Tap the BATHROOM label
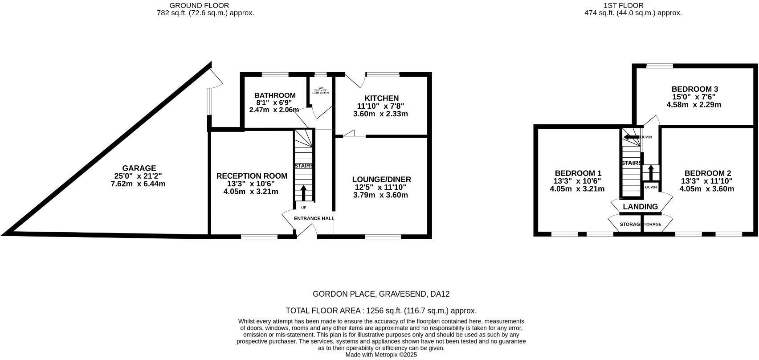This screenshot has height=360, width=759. pyautogui.click(x=275, y=95)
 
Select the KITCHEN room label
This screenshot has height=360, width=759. pyautogui.click(x=381, y=98)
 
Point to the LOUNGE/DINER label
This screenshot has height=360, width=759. pyautogui.click(x=382, y=180)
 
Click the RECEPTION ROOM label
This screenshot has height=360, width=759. pyautogui.click(x=252, y=176)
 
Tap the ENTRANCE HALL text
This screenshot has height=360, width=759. pyautogui.click(x=314, y=218)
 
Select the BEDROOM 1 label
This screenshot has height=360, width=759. pyautogui.click(x=578, y=173)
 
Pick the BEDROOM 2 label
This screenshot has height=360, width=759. pyautogui.click(x=707, y=173)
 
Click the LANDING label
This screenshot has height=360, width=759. pyautogui.click(x=640, y=207)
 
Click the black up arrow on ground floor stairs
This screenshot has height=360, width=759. pyautogui.click(x=304, y=193)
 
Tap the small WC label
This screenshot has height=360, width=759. pyautogui.click(x=320, y=88)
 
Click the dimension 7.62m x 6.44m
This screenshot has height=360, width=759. pyautogui.click(x=138, y=184)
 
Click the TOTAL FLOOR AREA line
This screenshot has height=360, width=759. pyautogui.click(x=381, y=311)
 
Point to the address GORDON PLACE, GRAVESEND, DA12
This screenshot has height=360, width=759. pyautogui.click(x=381, y=294)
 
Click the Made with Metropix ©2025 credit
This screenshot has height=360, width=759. pyautogui.click(x=381, y=355)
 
